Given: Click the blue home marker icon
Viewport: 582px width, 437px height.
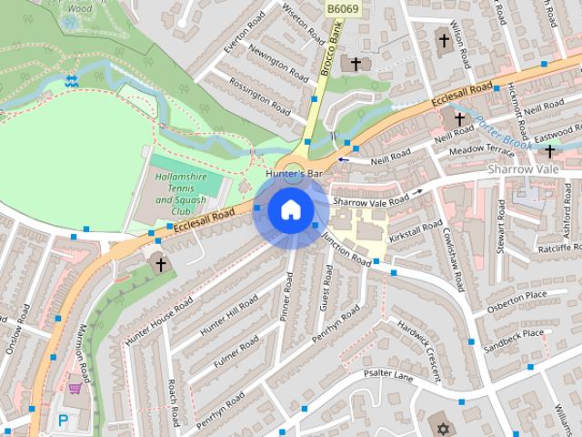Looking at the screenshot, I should [290, 210].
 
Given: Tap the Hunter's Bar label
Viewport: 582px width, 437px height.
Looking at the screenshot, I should [294, 173].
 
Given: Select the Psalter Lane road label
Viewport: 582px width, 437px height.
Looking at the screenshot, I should [388, 374].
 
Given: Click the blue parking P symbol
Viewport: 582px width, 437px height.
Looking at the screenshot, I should [63, 421].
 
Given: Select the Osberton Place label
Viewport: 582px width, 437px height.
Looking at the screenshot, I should [517, 297].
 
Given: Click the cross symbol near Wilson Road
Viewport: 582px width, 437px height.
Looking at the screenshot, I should [445, 41].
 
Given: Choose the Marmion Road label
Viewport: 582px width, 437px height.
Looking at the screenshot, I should [85, 355].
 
